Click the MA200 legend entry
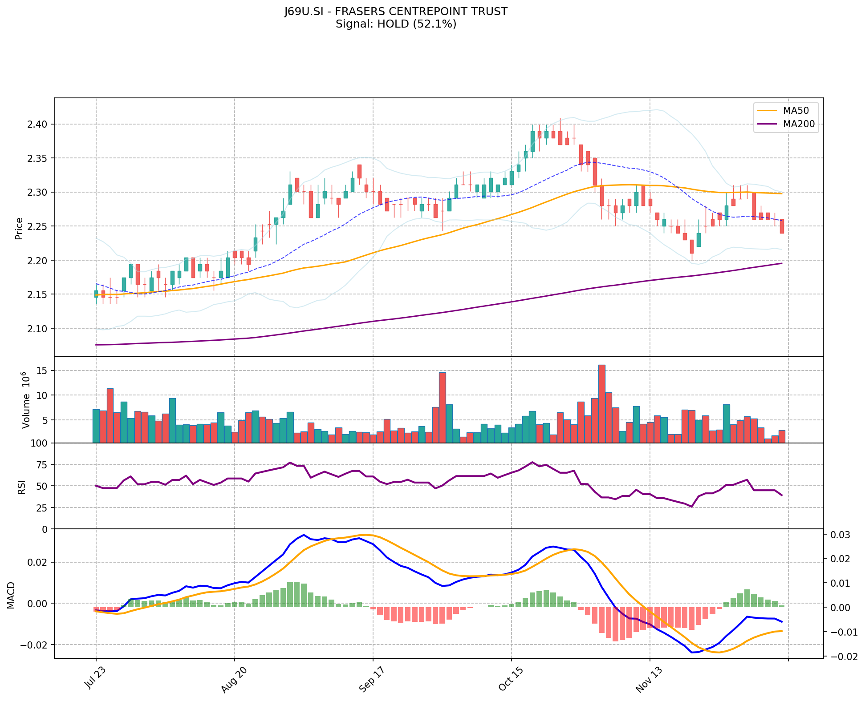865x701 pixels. coord(799,124)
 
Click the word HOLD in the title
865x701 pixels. coord(393,24)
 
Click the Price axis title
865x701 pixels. coord(19,228)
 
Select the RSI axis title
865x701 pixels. coord(21,487)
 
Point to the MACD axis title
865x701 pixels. coord(11,595)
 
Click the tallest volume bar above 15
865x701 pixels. coord(601,403)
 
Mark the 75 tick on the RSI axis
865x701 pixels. coord(43,465)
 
